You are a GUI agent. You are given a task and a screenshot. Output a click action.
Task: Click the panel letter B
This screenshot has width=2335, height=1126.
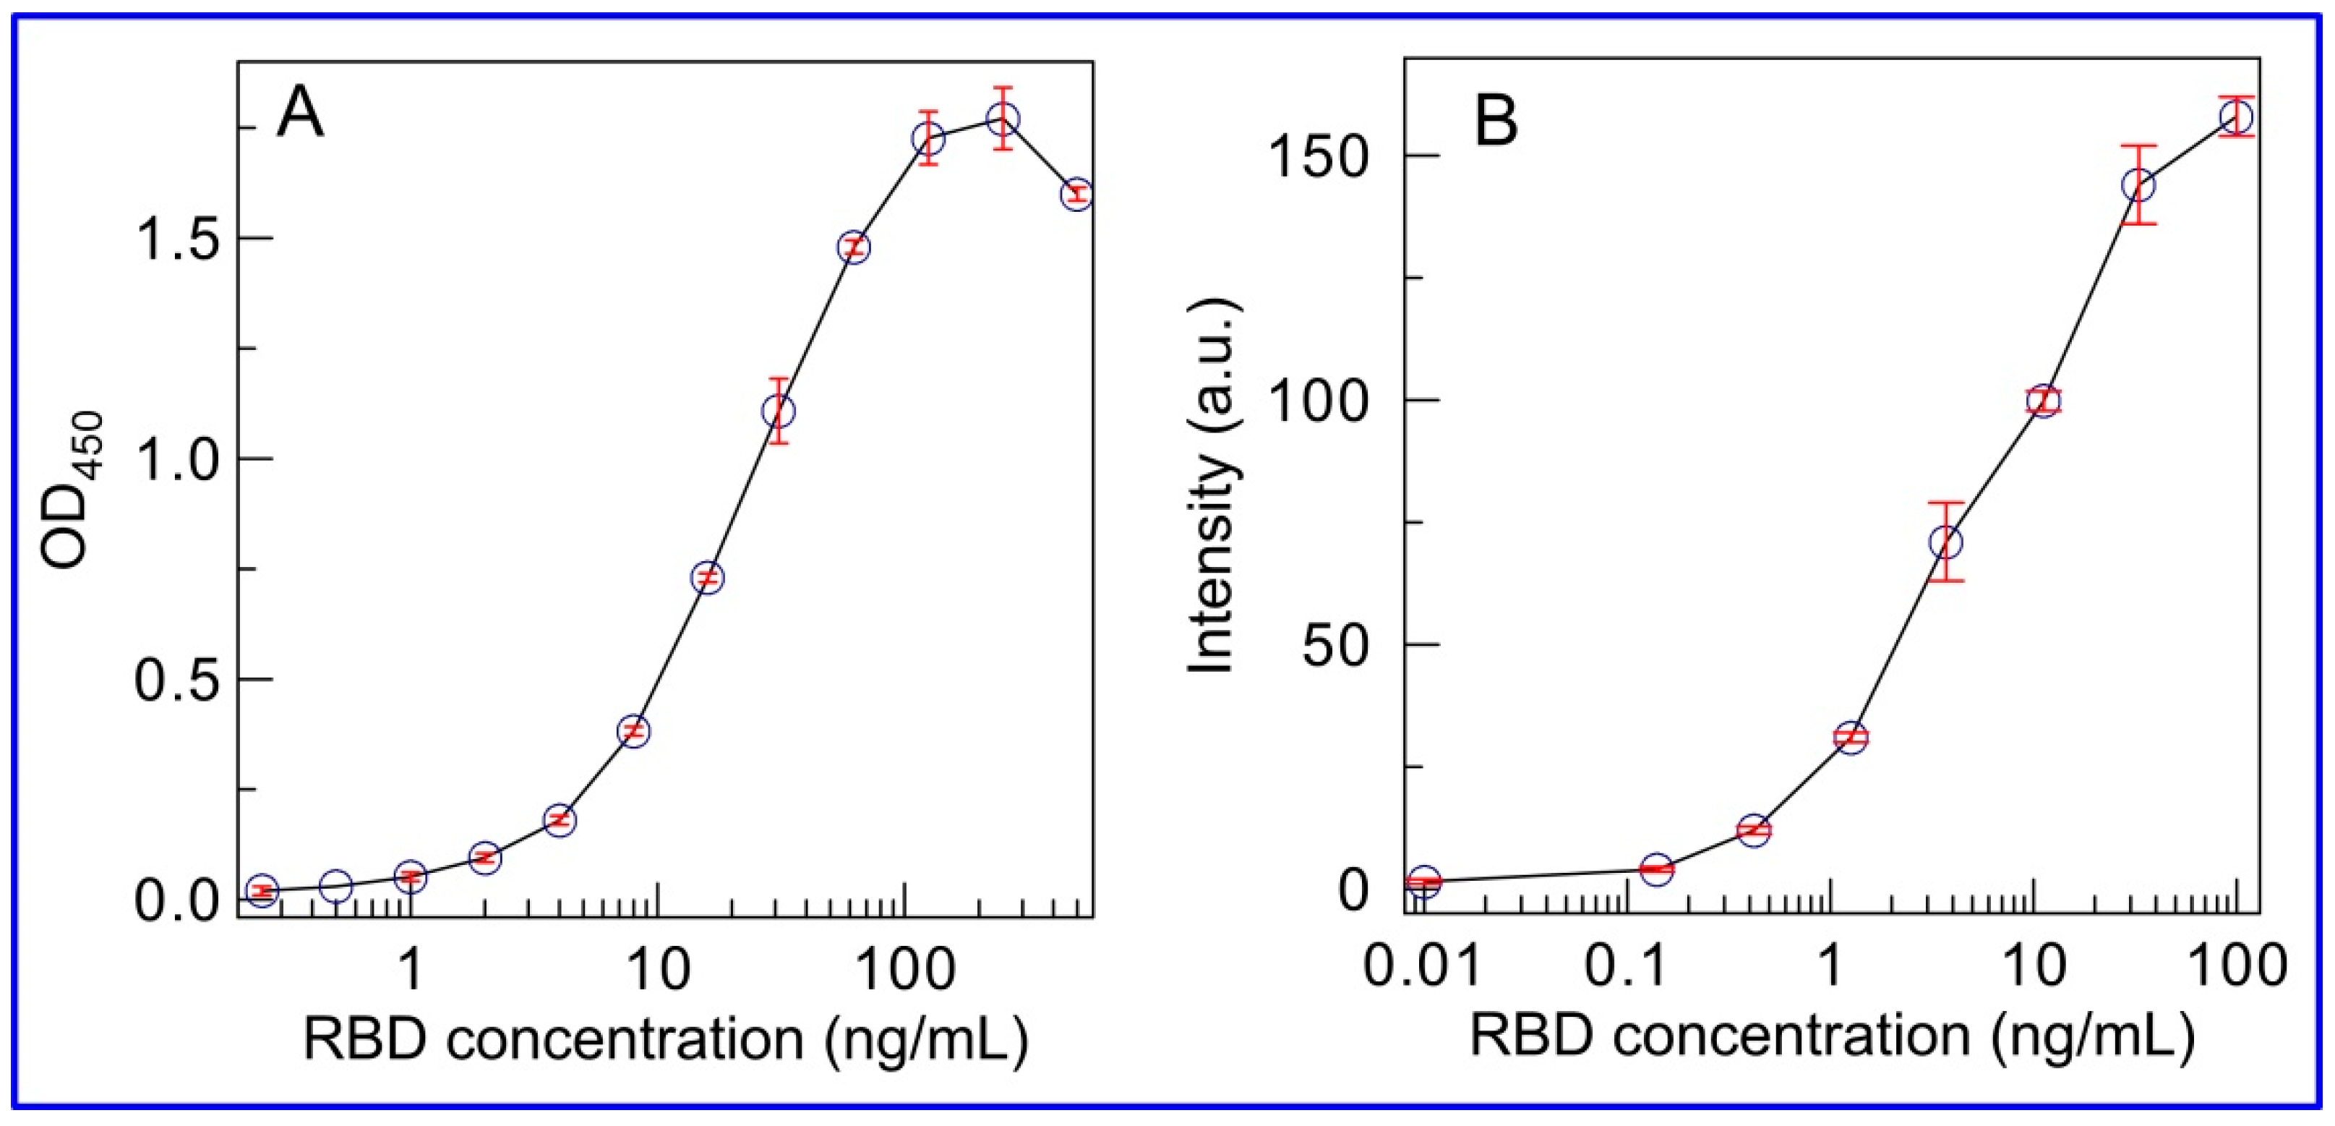click(1496, 122)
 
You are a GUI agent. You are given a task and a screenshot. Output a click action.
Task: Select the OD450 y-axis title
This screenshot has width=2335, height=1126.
click(75, 490)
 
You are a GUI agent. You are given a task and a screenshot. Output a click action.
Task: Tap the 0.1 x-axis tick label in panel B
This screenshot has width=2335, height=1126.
click(1627, 966)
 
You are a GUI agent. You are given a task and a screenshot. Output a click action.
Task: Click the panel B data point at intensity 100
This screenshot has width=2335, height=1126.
click(2043, 401)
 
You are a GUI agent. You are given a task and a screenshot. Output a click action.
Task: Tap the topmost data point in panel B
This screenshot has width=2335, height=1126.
click(2236, 142)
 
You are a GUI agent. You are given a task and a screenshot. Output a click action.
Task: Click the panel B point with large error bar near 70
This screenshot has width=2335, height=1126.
click(1946, 542)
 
